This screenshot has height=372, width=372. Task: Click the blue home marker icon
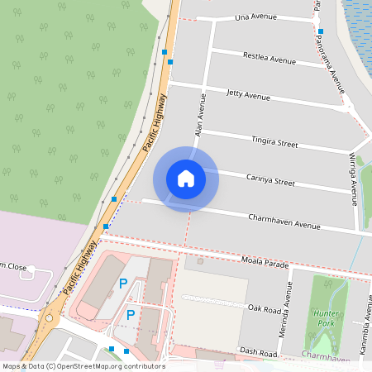[x=185, y=178]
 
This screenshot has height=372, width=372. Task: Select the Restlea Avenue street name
[x=269, y=60]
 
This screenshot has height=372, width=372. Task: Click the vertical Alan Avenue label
[x=199, y=116]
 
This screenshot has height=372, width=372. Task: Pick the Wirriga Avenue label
[x=353, y=178]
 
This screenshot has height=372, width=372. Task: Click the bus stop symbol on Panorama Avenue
[x=320, y=31]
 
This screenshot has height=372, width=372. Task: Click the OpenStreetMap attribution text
[x=83, y=366]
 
